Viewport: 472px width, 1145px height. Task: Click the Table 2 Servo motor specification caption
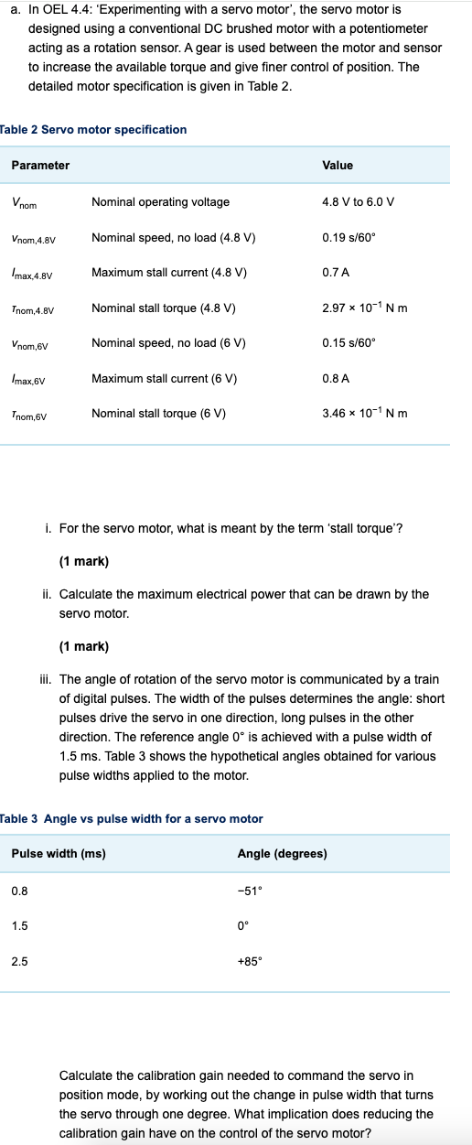pyautogui.click(x=94, y=130)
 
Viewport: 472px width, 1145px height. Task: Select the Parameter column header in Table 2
pyautogui.click(x=40, y=166)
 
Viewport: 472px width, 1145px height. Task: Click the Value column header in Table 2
pyautogui.click(x=338, y=166)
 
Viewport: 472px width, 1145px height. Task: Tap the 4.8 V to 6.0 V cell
pyautogui.click(x=359, y=202)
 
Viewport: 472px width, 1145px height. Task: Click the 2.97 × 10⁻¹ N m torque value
pyautogui.click(x=365, y=308)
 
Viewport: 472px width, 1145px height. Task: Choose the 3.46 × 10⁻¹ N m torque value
pyautogui.click(x=365, y=414)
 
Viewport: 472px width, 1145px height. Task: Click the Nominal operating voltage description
pyautogui.click(x=160, y=202)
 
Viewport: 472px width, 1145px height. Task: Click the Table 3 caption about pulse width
pyautogui.click(x=132, y=819)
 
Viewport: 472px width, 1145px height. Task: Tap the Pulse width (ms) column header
pyautogui.click(x=59, y=855)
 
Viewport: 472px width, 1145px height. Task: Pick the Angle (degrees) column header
pyautogui.click(x=282, y=855)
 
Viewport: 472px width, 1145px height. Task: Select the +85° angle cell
pyautogui.click(x=249, y=962)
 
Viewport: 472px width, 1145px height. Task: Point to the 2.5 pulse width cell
pyautogui.click(x=19, y=962)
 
